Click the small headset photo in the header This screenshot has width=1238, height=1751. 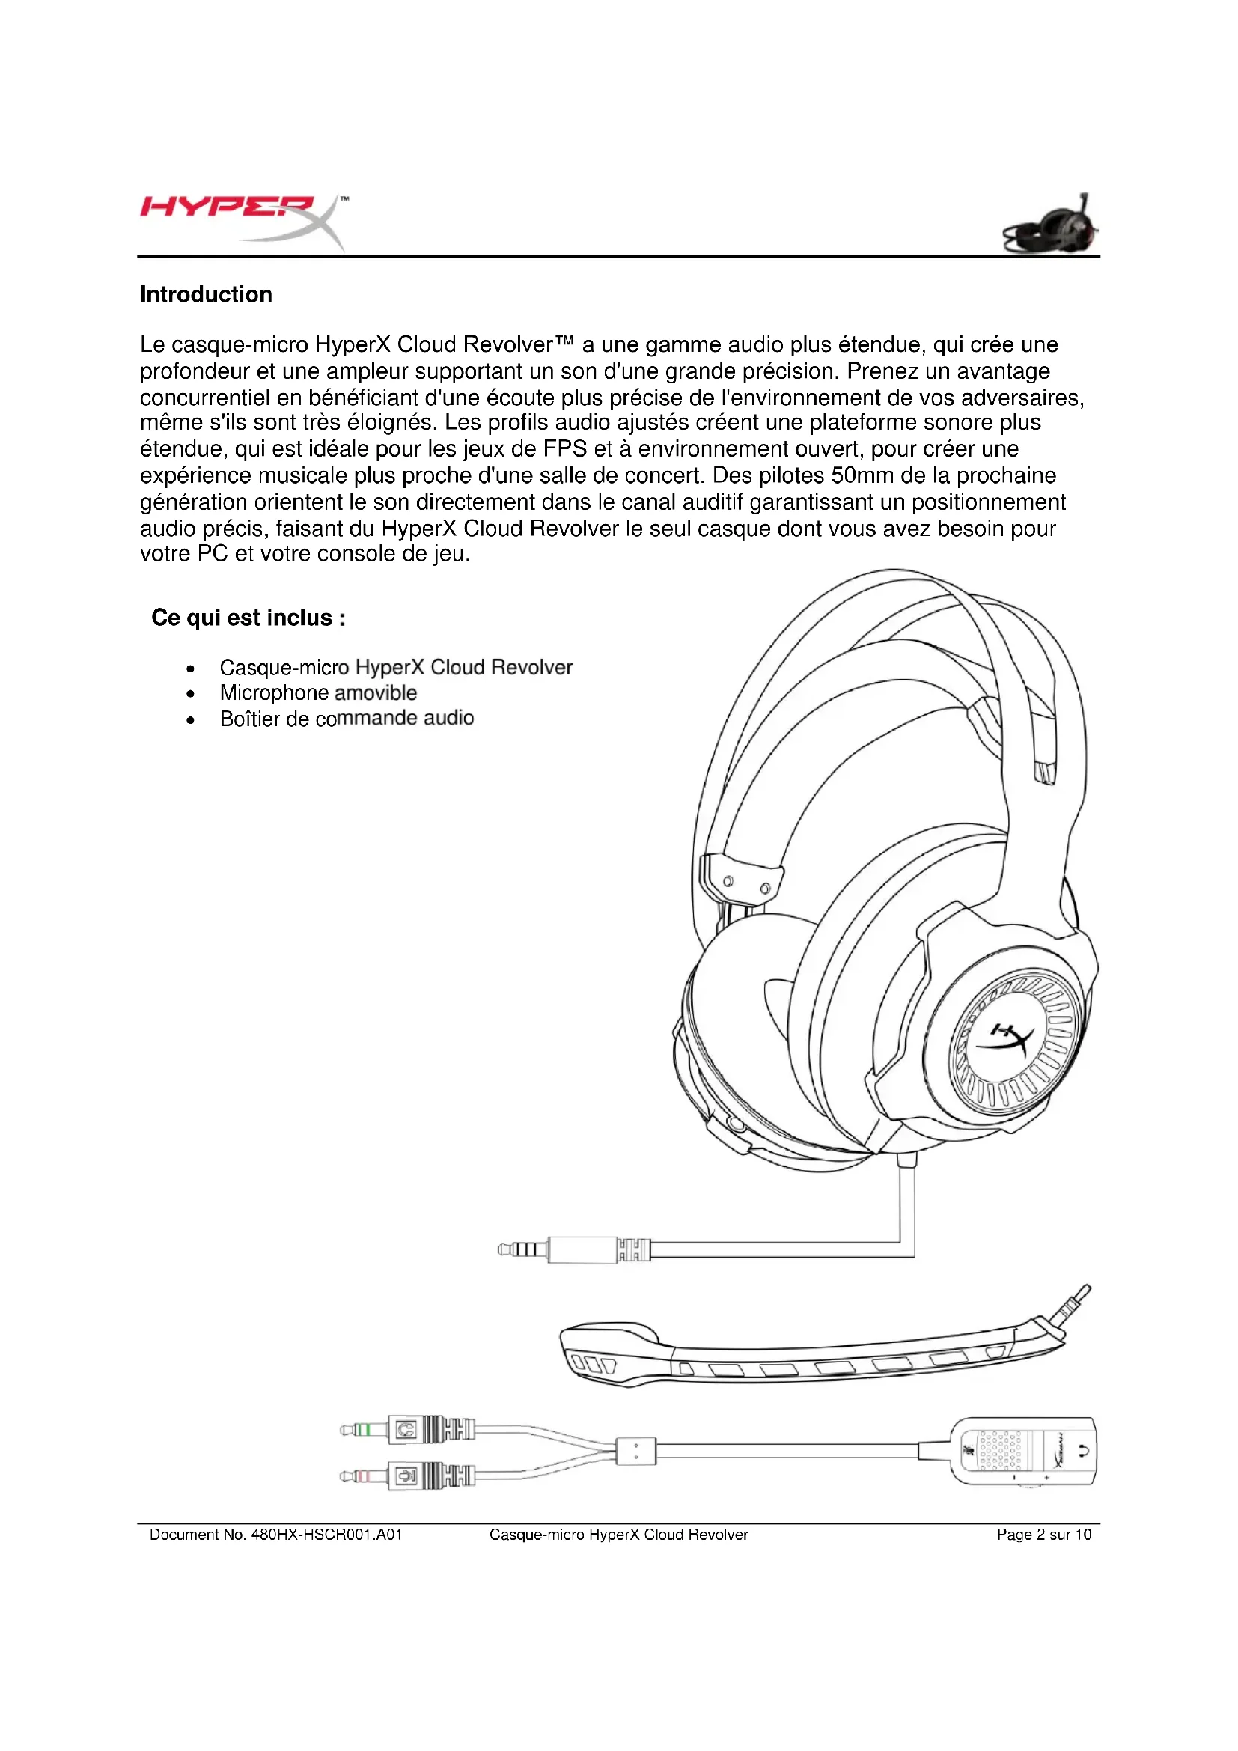pos(1052,226)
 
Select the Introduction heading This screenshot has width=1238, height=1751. pos(206,294)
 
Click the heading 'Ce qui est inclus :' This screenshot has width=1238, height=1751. pos(248,617)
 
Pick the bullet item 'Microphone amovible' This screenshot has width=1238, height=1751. pos(318,692)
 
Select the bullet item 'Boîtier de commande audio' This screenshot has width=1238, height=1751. pos(347,719)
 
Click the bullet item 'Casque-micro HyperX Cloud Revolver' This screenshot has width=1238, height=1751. pos(396,667)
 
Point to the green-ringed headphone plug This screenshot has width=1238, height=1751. pos(359,1429)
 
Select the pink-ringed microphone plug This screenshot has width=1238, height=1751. pos(359,1476)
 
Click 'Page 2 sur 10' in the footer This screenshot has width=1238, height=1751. pos(1043,1535)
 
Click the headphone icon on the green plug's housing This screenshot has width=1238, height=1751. pos(406,1429)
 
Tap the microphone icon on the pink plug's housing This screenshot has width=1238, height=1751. pos(406,1476)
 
